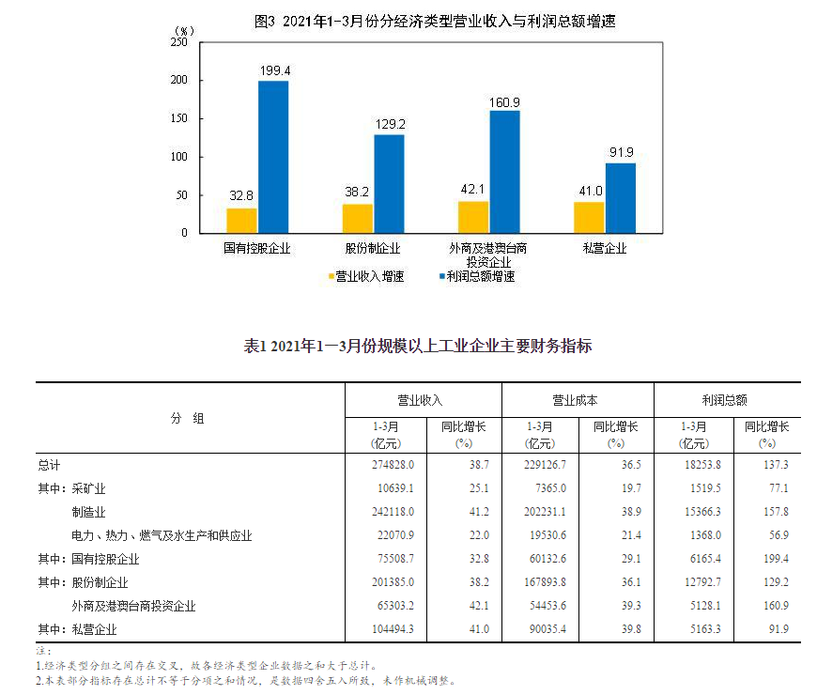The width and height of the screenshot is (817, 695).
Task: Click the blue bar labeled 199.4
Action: [273, 157]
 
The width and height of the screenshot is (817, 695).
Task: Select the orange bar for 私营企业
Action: [589, 217]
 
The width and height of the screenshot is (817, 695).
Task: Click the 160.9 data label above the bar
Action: [504, 101]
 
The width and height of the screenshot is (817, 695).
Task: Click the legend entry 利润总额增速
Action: [479, 276]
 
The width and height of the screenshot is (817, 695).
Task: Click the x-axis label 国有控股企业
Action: [256, 249]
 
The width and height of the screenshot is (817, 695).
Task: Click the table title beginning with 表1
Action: [418, 346]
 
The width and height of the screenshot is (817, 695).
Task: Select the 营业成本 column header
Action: [576, 400]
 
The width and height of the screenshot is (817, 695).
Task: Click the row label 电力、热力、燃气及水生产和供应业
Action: [161, 535]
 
